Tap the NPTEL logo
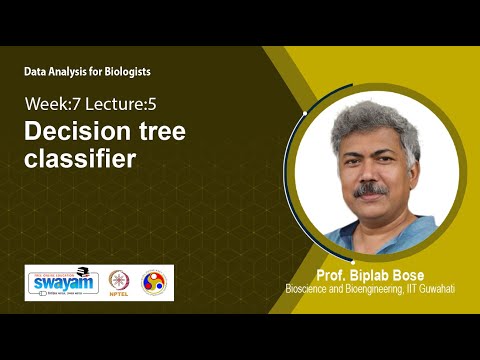[119, 282]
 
